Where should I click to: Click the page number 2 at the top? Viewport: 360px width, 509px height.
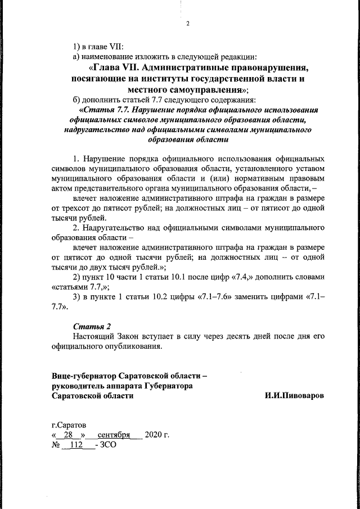[x=188, y=23]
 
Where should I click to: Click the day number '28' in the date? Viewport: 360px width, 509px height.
[x=69, y=435]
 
